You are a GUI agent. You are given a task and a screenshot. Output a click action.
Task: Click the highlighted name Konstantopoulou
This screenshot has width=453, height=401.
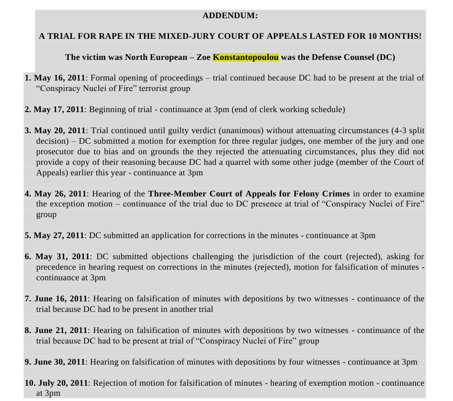[x=246, y=57]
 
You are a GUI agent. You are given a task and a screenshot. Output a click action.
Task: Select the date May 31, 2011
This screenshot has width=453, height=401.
[x=61, y=256]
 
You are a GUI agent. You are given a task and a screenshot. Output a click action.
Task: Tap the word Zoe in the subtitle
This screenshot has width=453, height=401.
[x=204, y=57]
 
